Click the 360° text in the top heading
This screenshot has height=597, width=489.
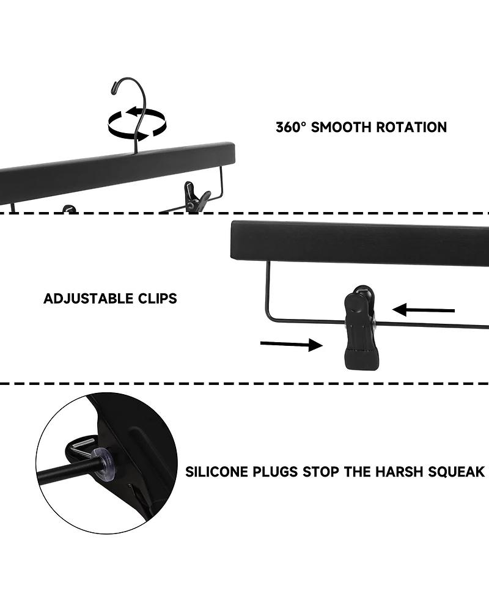click(x=291, y=127)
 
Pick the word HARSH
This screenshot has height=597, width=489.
click(x=392, y=472)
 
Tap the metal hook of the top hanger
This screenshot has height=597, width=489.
click(x=132, y=101)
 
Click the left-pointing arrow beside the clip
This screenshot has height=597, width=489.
click(x=423, y=310)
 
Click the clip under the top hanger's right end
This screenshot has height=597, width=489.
click(x=197, y=197)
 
